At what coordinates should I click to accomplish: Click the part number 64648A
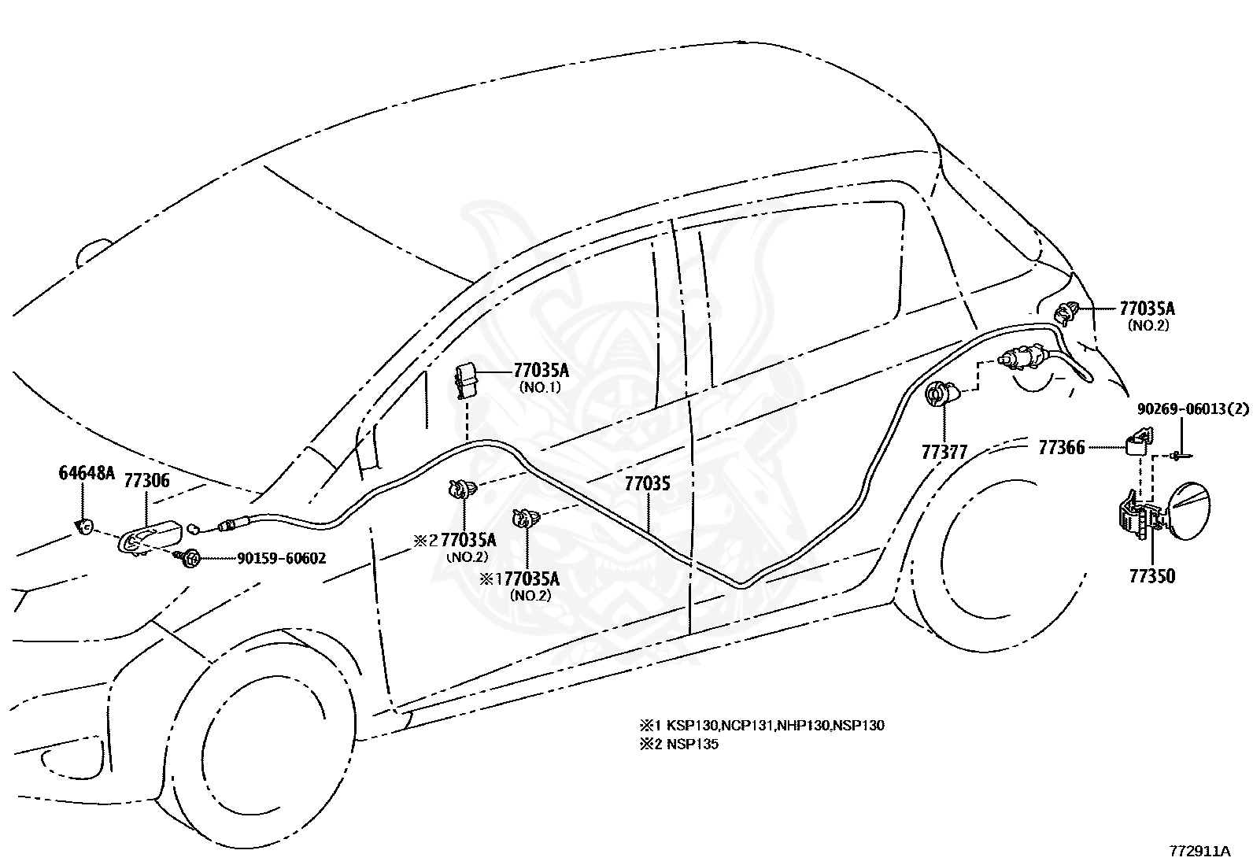87,472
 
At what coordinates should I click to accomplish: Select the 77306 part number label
146,480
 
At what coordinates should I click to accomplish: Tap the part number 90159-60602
281,558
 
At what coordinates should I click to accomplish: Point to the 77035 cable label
647,483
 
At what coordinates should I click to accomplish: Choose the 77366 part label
1061,447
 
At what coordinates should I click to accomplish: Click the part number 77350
1151,576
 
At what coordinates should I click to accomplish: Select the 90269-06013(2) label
1192,409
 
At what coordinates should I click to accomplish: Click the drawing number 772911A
1199,851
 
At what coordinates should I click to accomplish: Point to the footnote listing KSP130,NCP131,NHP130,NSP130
762,725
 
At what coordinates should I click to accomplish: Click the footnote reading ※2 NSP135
678,744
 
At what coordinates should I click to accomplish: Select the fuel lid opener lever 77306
150,536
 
